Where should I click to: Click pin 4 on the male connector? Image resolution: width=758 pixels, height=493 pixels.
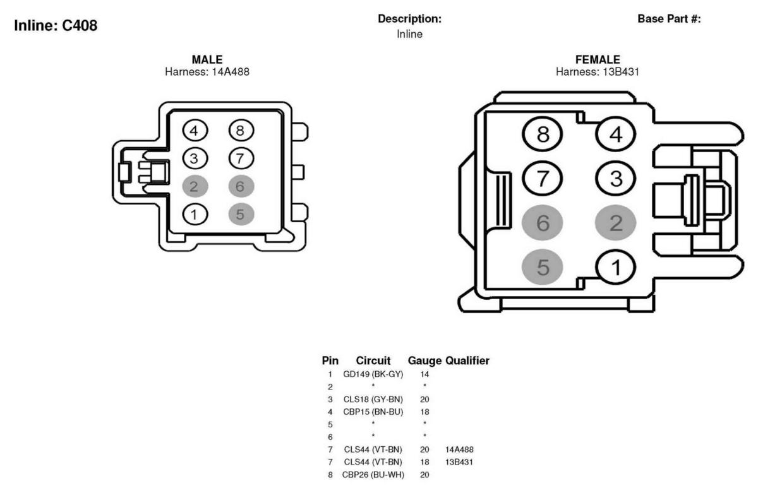pyautogui.click(x=195, y=131)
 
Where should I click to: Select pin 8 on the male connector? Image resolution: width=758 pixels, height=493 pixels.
pyautogui.click(x=241, y=131)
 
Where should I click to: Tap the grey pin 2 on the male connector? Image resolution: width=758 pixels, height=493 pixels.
pyautogui.click(x=195, y=186)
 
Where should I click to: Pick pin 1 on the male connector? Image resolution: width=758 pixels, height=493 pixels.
pyautogui.click(x=195, y=215)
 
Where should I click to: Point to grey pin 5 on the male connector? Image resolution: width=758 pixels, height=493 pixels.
pyautogui.click(x=241, y=215)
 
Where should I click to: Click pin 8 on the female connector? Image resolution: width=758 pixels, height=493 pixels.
pyautogui.click(x=543, y=134)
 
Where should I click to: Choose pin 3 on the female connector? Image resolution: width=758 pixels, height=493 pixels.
pyautogui.click(x=615, y=179)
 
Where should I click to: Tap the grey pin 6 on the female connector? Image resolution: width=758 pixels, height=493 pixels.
pyautogui.click(x=543, y=223)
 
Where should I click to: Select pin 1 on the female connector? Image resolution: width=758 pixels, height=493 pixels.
pyautogui.click(x=615, y=267)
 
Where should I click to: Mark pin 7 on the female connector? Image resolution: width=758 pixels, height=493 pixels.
pyautogui.click(x=543, y=179)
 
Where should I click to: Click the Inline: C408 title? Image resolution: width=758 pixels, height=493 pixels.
pyautogui.click(x=56, y=25)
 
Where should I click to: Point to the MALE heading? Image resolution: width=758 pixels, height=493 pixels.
pyautogui.click(x=207, y=59)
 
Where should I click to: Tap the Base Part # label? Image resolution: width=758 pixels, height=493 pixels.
pyautogui.click(x=669, y=19)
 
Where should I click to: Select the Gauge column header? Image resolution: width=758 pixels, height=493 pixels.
pyautogui.click(x=424, y=361)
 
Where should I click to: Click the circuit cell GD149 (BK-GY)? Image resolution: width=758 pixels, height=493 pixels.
pyautogui.click(x=373, y=374)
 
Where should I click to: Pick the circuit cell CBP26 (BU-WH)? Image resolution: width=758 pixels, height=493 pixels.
pyautogui.click(x=373, y=475)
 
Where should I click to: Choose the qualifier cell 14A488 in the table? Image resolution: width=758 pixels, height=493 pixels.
pyautogui.click(x=459, y=449)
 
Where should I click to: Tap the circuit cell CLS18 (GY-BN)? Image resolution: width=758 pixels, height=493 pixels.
pyautogui.click(x=373, y=400)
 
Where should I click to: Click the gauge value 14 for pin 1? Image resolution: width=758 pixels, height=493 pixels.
pyautogui.click(x=424, y=374)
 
